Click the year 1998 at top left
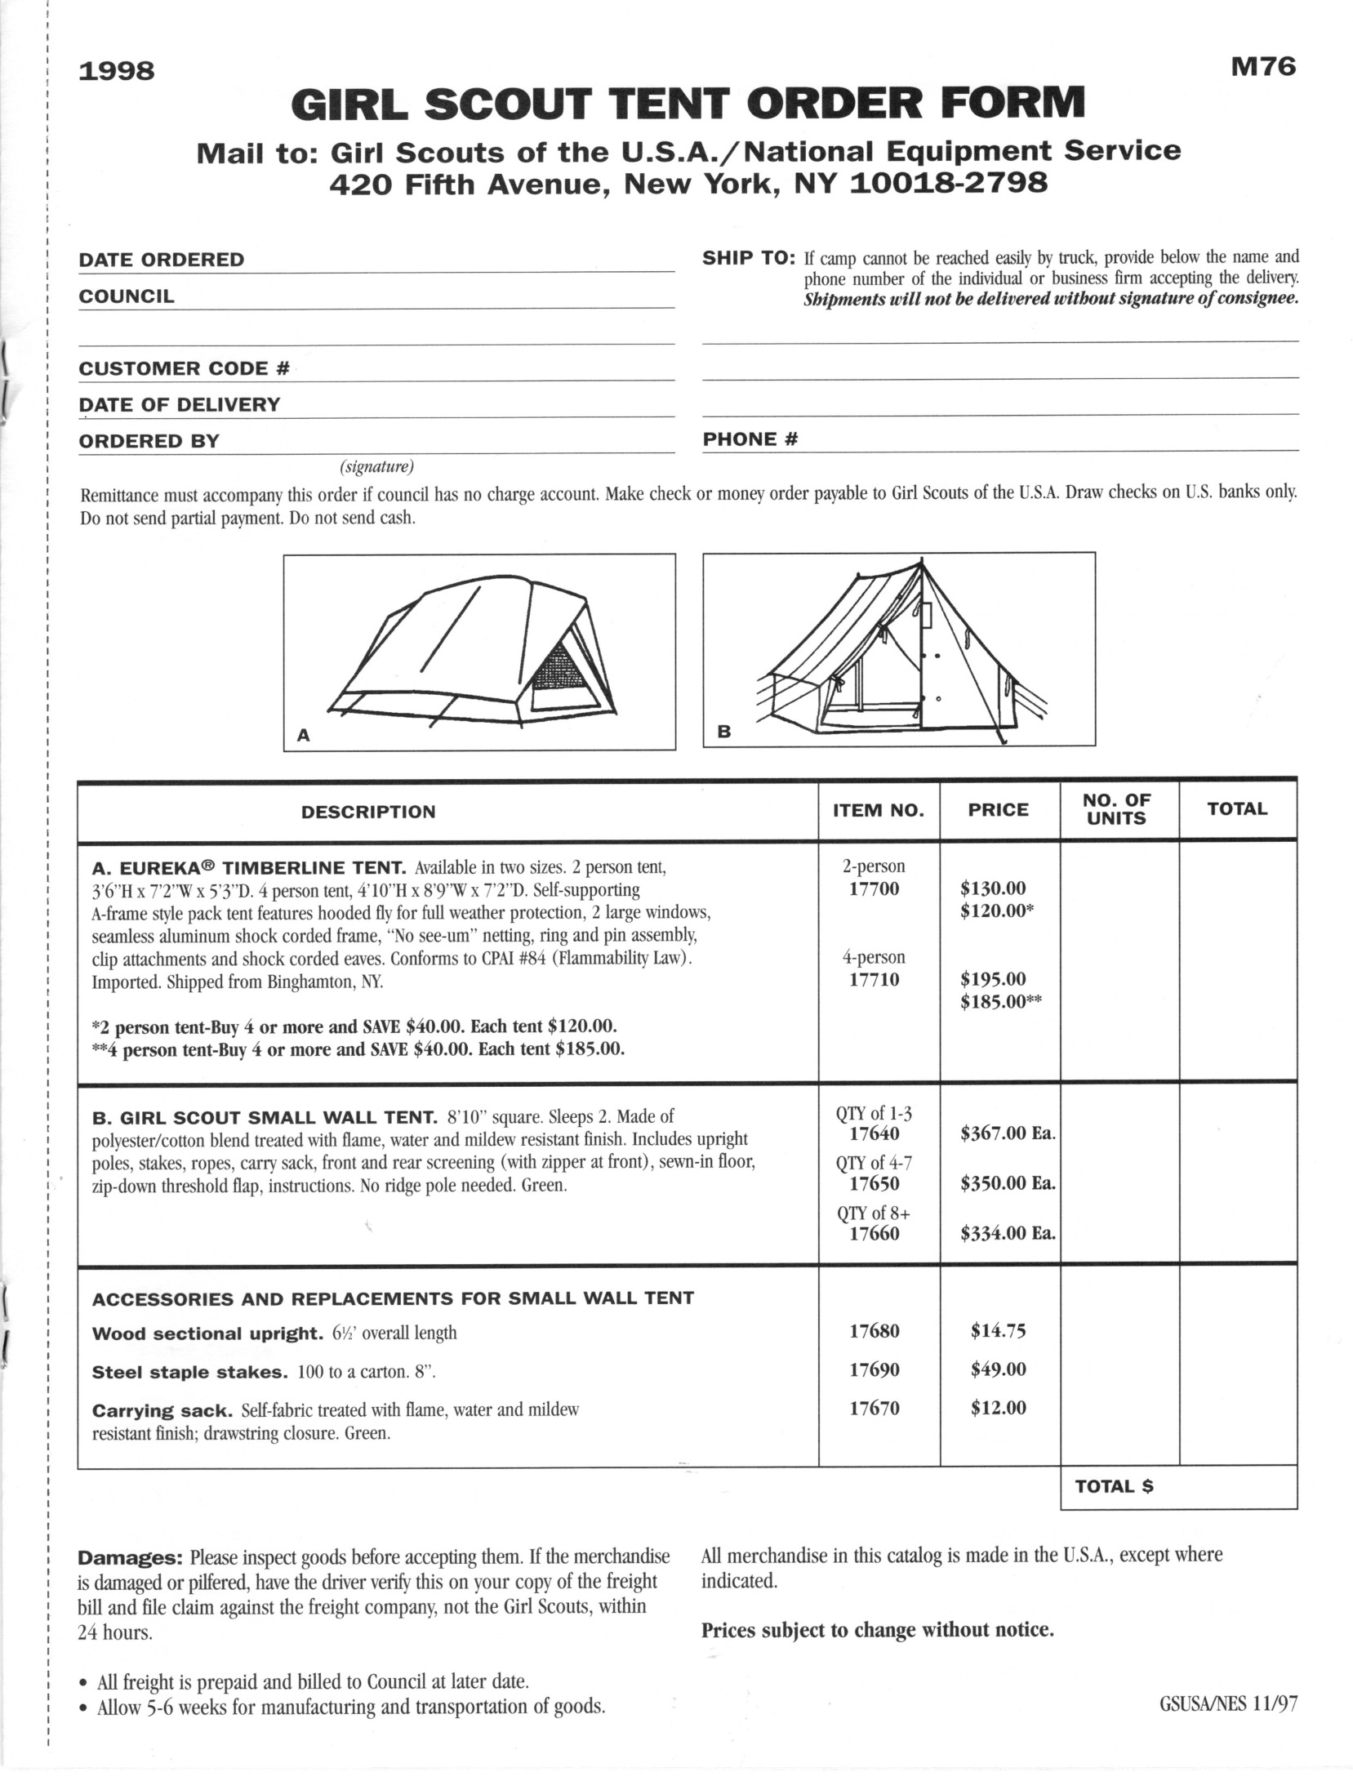[x=116, y=72]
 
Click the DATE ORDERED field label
[x=161, y=260]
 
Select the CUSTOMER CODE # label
[x=184, y=368]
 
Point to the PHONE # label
[x=750, y=439]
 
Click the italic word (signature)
[x=376, y=467]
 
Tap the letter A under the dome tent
[x=303, y=735]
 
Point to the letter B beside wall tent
[x=723, y=732]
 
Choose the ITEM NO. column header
[x=878, y=810]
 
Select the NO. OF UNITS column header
[x=1116, y=809]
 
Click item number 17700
[x=874, y=888]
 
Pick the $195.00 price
[x=993, y=978]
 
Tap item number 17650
[x=874, y=1183]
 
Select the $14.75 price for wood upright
[x=998, y=1331]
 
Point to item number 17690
[x=874, y=1369]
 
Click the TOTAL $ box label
[x=1114, y=1486]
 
